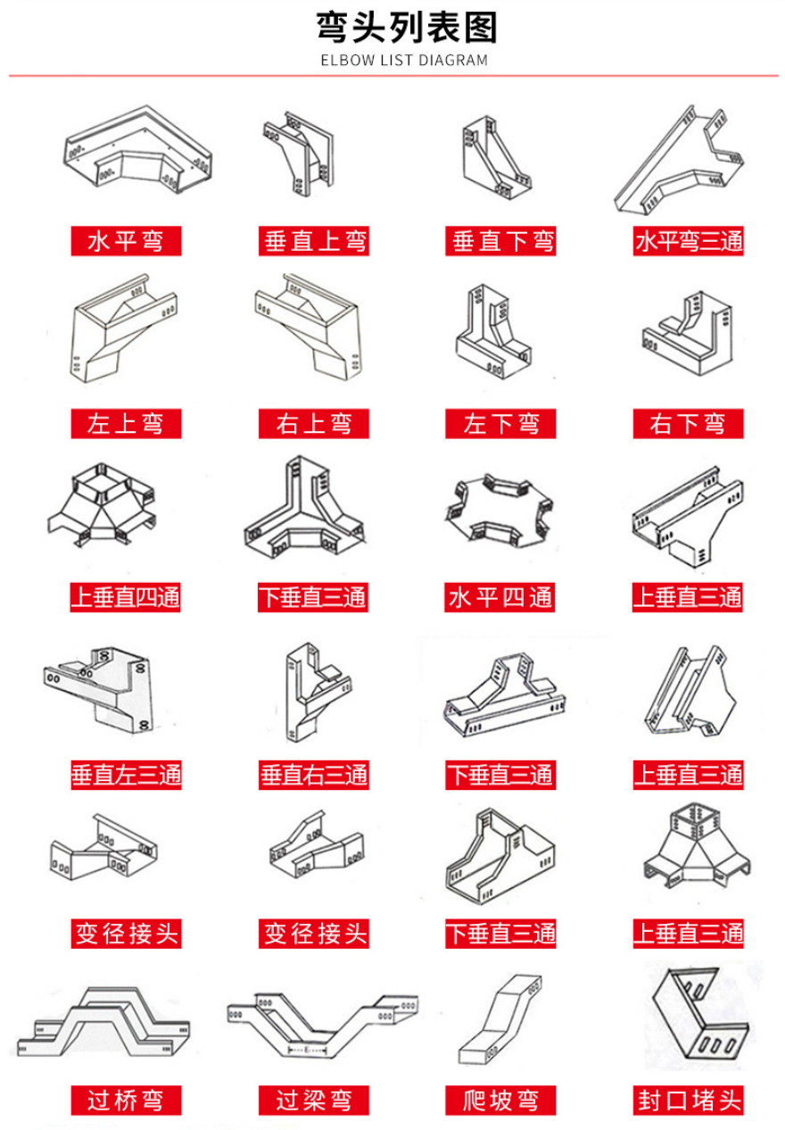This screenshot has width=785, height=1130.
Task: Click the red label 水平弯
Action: [126, 240]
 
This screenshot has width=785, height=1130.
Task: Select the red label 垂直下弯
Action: [501, 240]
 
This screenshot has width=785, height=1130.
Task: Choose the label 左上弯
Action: [126, 423]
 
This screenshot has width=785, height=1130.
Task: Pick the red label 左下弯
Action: [501, 423]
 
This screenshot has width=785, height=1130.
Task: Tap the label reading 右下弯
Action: [688, 423]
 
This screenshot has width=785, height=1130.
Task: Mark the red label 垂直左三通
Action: [126, 774]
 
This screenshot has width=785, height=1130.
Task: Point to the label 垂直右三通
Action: [313, 774]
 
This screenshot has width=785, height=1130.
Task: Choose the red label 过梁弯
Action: [313, 1100]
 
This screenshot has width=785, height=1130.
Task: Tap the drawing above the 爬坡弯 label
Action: [500, 1022]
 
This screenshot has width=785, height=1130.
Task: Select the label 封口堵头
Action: [688, 1100]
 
